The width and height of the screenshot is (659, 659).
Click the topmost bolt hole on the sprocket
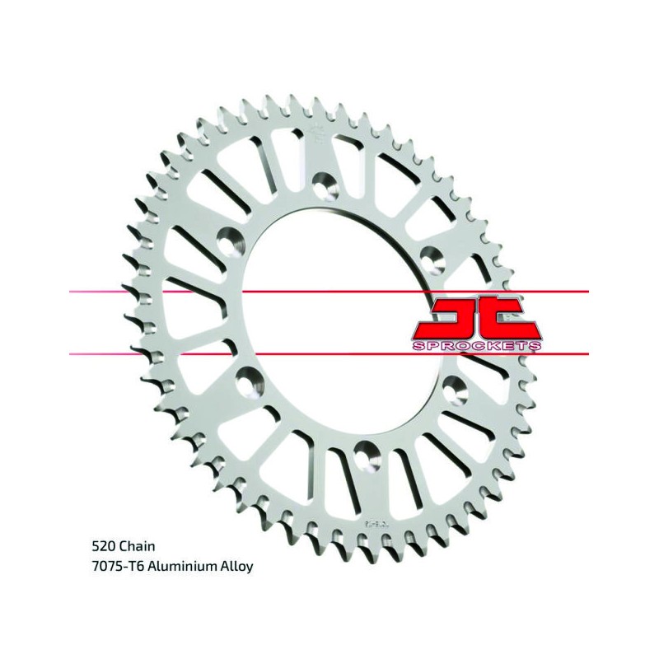(x=326, y=185)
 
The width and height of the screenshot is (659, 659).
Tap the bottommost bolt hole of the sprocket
(x=367, y=456)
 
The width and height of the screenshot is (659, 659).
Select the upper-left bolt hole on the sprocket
(x=231, y=241)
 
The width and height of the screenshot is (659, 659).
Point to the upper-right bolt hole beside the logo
(x=432, y=260)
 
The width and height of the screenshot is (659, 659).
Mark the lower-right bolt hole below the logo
(x=456, y=389)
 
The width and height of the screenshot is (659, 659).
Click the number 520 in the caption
(x=105, y=546)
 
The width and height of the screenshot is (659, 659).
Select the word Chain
(x=138, y=546)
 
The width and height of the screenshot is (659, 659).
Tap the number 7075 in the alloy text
(x=106, y=566)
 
